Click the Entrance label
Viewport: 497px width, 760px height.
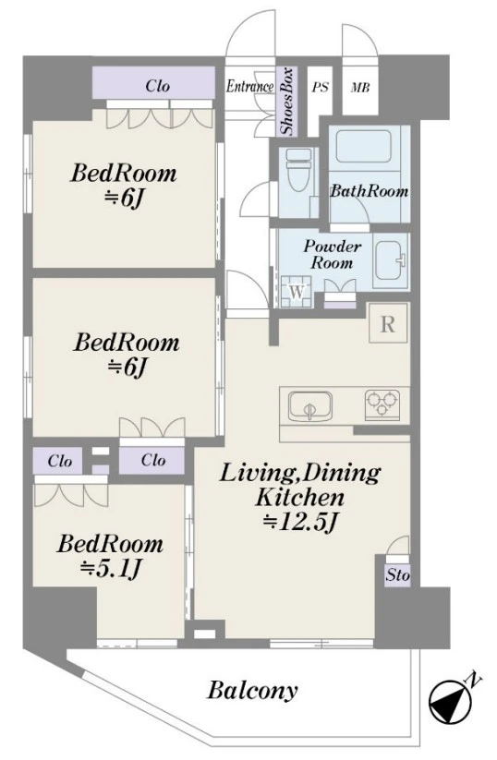tap(249, 87)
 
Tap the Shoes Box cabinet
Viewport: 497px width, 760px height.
tap(286, 101)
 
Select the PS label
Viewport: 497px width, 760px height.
tap(320, 87)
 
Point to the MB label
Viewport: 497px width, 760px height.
tap(360, 88)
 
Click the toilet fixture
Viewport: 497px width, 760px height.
tap(298, 171)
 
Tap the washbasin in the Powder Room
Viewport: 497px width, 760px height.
tap(390, 259)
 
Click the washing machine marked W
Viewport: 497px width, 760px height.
tap(297, 292)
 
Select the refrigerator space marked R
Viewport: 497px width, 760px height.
tap(387, 324)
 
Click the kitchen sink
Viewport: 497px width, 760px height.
tap(310, 406)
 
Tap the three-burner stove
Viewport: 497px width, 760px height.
tap(383, 403)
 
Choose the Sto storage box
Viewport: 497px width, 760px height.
tap(397, 575)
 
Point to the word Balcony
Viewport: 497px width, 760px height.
tap(252, 690)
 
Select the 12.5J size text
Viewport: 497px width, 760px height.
tap(299, 522)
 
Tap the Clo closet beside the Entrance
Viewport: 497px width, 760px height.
tap(153, 86)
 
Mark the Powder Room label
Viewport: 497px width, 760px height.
tap(333, 255)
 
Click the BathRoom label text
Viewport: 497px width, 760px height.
tap(369, 191)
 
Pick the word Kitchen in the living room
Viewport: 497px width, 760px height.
tap(299, 498)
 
